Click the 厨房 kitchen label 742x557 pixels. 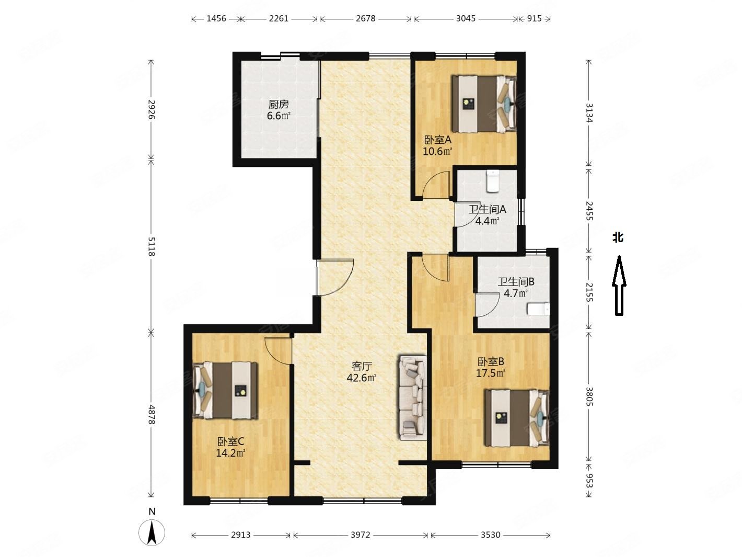tap(279, 104)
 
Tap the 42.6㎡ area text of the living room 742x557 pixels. tap(362, 378)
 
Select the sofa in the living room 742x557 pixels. tap(413, 397)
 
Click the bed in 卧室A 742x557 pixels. tap(484, 104)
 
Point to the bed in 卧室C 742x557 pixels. tap(225, 390)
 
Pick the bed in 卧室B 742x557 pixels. tap(517, 418)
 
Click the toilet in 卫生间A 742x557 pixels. tap(492, 181)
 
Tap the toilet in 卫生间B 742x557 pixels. tap(539, 309)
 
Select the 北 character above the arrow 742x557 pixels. tap(618, 237)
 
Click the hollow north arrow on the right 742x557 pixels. tap(619, 286)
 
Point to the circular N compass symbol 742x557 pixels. tap(152, 532)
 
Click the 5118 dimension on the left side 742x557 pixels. tap(151, 246)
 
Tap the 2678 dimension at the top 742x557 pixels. tap(365, 18)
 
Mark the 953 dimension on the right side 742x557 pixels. tap(588, 481)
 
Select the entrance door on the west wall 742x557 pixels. tap(334, 278)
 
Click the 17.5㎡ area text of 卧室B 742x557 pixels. tap(491, 373)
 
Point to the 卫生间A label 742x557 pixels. tap(487, 210)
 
